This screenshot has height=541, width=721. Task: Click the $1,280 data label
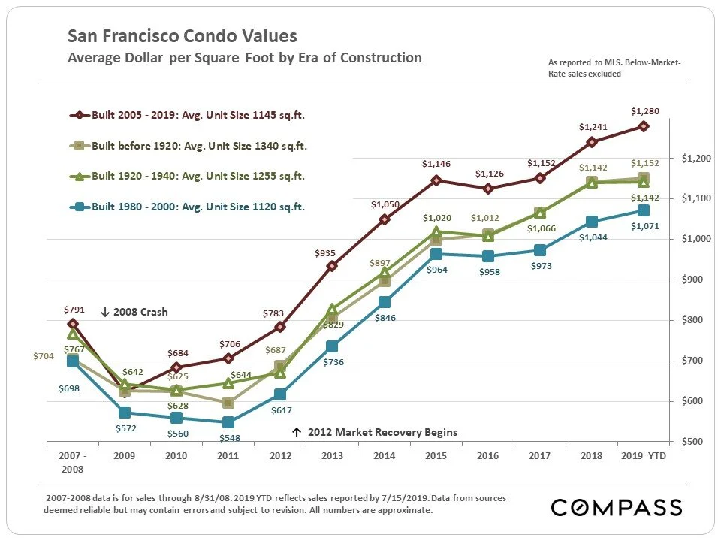(644, 112)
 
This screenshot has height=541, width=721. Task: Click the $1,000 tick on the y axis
(695, 239)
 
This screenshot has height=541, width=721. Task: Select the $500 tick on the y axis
(692, 442)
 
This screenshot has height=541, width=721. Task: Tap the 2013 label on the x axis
(332, 455)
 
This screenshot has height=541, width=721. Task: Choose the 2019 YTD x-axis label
(644, 455)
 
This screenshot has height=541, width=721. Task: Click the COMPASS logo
(616, 507)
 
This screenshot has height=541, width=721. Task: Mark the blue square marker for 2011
(228, 422)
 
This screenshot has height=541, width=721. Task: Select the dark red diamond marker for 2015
(436, 180)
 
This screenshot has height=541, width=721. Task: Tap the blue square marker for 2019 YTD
(644, 210)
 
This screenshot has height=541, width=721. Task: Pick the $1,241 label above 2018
(592, 127)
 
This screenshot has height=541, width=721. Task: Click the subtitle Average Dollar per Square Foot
(245, 58)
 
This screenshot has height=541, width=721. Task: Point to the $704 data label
(44, 356)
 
